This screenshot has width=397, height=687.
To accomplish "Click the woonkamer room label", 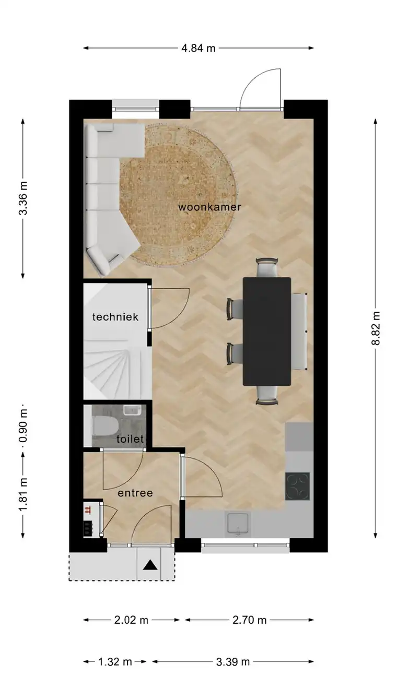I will [x=209, y=207].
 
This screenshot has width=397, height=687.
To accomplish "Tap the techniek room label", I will [x=115, y=316].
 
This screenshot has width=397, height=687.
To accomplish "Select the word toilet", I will [x=130, y=439].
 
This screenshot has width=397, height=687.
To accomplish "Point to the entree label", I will [x=135, y=493].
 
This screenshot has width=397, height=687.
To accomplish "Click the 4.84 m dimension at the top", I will [x=198, y=48].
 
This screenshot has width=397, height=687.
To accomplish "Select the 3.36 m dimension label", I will [x=23, y=198].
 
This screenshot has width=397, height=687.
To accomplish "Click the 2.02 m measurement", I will [x=131, y=620].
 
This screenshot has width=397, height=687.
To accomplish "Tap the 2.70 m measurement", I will [x=249, y=620].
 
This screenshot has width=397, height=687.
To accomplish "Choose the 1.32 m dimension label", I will [x=115, y=662].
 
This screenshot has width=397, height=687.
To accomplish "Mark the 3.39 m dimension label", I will [x=233, y=662].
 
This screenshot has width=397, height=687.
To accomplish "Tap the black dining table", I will [x=267, y=331].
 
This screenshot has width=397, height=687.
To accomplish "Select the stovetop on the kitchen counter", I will [x=297, y=486].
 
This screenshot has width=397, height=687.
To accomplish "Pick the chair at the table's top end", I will [x=267, y=267].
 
